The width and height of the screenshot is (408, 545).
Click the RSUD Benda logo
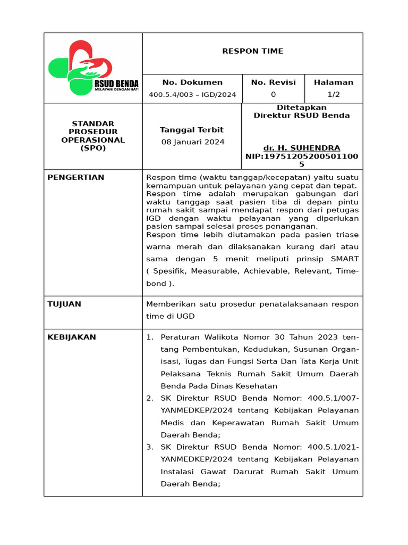coord(93,68)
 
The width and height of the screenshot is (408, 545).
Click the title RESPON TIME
coord(252,51)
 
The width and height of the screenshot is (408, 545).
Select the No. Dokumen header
coord(192,82)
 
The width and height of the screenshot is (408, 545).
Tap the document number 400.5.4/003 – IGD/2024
coord(192,95)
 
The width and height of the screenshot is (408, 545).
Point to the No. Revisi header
coord(273,82)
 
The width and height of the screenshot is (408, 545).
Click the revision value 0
coord(273,95)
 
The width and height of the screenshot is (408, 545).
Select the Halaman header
coord(333,82)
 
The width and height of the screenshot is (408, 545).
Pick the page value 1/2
coord(333,95)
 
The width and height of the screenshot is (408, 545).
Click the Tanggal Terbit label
coord(192,130)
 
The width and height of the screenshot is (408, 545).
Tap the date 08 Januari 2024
coord(192,142)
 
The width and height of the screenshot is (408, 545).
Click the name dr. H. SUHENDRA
coord(302,148)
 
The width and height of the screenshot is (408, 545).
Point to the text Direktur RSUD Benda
coord(302,115)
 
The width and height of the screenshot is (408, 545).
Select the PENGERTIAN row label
coord(76,177)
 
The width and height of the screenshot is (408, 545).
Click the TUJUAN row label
coord(64,304)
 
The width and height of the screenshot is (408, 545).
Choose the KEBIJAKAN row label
coord(72,337)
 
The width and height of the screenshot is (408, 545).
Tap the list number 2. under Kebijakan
coord(149,399)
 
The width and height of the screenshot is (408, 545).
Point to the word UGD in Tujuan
coord(187,316)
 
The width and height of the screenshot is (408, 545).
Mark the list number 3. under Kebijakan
coord(149,447)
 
